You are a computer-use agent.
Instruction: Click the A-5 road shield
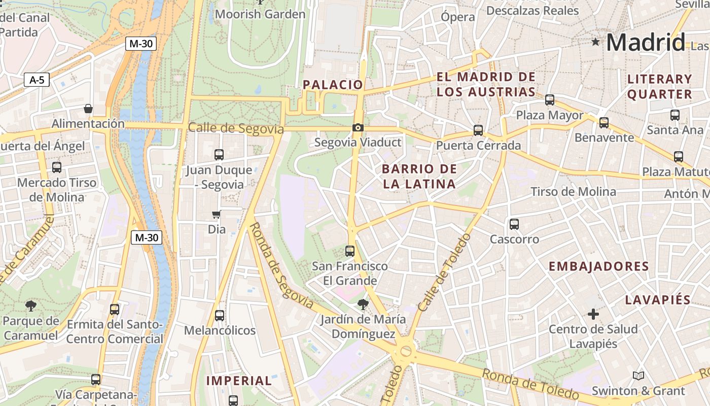[x=37, y=80]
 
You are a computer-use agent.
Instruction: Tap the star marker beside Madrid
[x=595, y=42]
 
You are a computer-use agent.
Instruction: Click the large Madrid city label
[x=646, y=42]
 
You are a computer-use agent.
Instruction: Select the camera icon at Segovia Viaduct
[x=358, y=127]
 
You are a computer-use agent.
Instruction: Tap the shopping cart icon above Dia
[x=217, y=215]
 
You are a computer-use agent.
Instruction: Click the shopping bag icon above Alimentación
[x=88, y=109]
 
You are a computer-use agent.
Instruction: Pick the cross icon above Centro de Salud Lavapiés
[x=593, y=314]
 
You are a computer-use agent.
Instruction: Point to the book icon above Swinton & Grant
[x=638, y=376]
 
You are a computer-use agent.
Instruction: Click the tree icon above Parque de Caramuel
[x=31, y=306]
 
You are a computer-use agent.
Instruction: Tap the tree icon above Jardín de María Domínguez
[x=363, y=304]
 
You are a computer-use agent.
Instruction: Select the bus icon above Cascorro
[x=514, y=224]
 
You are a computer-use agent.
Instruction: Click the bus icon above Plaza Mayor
[x=550, y=100]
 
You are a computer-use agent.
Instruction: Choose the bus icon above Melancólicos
[x=220, y=316]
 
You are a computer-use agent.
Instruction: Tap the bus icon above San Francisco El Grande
[x=350, y=251]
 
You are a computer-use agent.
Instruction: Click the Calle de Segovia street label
[x=236, y=128]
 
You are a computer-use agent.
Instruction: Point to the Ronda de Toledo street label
[x=530, y=384]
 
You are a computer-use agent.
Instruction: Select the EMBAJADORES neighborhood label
[x=598, y=266]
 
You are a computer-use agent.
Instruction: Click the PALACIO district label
[x=333, y=85]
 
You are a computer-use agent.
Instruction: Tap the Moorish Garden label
[x=260, y=14]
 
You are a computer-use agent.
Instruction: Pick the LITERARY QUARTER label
[x=660, y=86]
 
